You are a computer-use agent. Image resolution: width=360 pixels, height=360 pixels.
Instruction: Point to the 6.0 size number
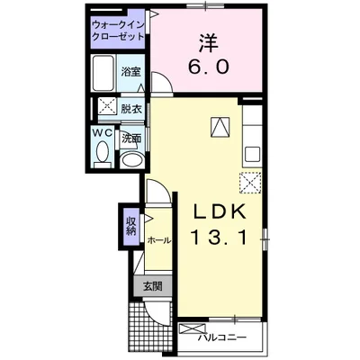[208, 67]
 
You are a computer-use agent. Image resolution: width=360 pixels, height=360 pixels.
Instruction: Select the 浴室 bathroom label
[132, 71]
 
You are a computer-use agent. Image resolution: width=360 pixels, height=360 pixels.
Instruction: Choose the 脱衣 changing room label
[131, 109]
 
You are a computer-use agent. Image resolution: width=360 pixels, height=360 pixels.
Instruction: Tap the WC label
[101, 133]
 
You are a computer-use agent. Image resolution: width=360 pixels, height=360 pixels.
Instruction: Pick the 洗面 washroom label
[131, 139]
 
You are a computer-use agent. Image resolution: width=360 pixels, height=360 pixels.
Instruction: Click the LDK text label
[221, 213]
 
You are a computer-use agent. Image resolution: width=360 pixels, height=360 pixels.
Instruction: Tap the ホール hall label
[157, 240]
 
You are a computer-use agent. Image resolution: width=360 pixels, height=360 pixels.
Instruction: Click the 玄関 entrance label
[150, 287]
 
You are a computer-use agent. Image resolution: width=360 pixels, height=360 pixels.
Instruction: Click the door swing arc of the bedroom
[162, 84]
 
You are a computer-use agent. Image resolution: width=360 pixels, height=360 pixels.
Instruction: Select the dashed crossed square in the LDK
[249, 181]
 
